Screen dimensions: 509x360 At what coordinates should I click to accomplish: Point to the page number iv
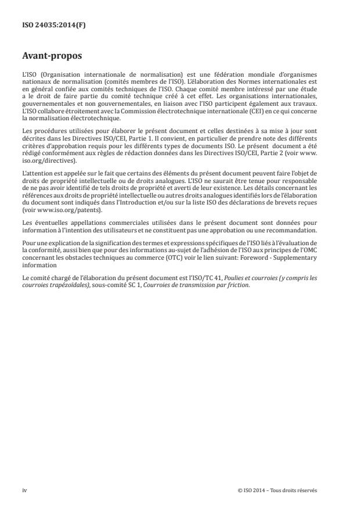point(24,490)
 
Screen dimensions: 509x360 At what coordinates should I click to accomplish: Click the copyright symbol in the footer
point(239,490)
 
